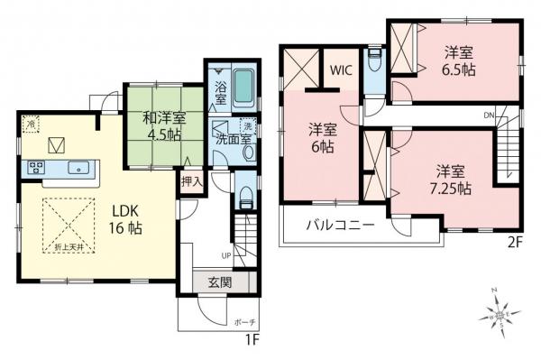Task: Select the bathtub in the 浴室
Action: point(243,88)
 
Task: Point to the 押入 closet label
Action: point(192,180)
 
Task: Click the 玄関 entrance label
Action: point(219,282)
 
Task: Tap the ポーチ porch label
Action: point(244,322)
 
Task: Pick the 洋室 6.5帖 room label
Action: point(460,61)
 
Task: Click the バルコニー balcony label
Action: point(339,226)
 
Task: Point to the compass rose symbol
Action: point(501,315)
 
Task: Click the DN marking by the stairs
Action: point(488,115)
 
